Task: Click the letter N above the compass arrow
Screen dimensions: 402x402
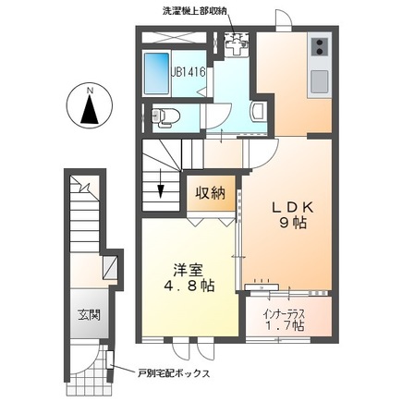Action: [90, 91]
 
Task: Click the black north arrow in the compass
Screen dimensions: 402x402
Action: [90, 110]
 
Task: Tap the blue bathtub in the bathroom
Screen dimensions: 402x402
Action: [157, 73]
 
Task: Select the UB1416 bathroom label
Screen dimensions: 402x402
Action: [189, 72]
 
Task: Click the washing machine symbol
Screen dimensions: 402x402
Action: [237, 44]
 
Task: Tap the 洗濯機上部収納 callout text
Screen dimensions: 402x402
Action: [194, 11]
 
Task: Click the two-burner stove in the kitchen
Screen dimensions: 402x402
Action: [320, 46]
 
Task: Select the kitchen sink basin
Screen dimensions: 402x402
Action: [319, 82]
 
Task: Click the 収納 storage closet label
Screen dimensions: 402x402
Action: [211, 193]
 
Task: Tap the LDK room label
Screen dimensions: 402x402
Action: [292, 208]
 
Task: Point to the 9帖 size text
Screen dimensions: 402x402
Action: [293, 224]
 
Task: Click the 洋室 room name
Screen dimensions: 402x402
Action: [188, 270]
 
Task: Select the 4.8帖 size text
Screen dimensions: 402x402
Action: [189, 286]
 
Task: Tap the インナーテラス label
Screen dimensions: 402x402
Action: [284, 314]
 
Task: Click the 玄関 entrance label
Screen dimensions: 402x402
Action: [89, 315]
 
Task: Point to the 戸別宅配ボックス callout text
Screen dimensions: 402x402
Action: [174, 373]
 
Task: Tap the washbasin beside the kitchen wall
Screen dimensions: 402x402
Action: [258, 111]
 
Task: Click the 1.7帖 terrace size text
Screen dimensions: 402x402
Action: [284, 326]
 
